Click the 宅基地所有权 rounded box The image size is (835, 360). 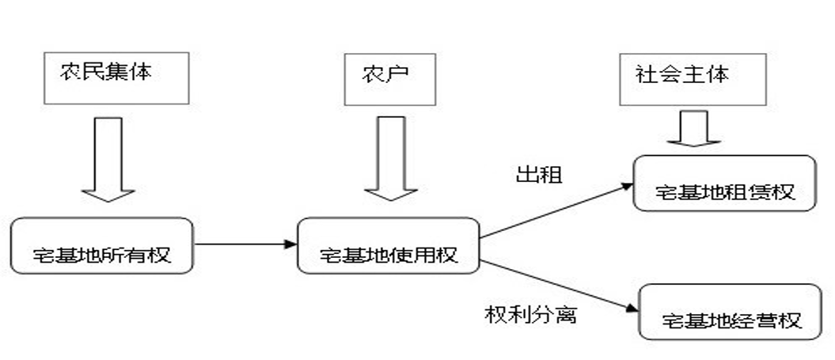click(x=102, y=246)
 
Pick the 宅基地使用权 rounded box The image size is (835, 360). click(x=389, y=246)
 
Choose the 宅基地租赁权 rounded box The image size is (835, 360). click(x=724, y=183)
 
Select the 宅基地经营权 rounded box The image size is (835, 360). click(x=731, y=312)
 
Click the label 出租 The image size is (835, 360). click(x=539, y=174)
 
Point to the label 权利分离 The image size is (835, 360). click(x=530, y=314)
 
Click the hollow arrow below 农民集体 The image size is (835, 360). click(x=108, y=158)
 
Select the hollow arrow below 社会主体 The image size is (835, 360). click(x=693, y=128)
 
